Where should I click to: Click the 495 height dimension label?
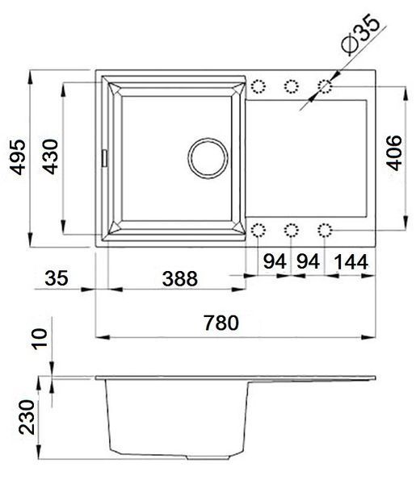(17, 157)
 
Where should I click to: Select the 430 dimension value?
(50, 156)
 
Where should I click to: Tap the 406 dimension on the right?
(394, 152)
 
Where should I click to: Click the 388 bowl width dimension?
(180, 278)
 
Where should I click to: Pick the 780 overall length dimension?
(221, 323)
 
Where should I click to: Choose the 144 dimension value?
(351, 261)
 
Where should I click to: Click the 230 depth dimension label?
(27, 417)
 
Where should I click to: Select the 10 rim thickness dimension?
(40, 339)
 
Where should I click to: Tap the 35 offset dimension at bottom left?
(57, 277)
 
